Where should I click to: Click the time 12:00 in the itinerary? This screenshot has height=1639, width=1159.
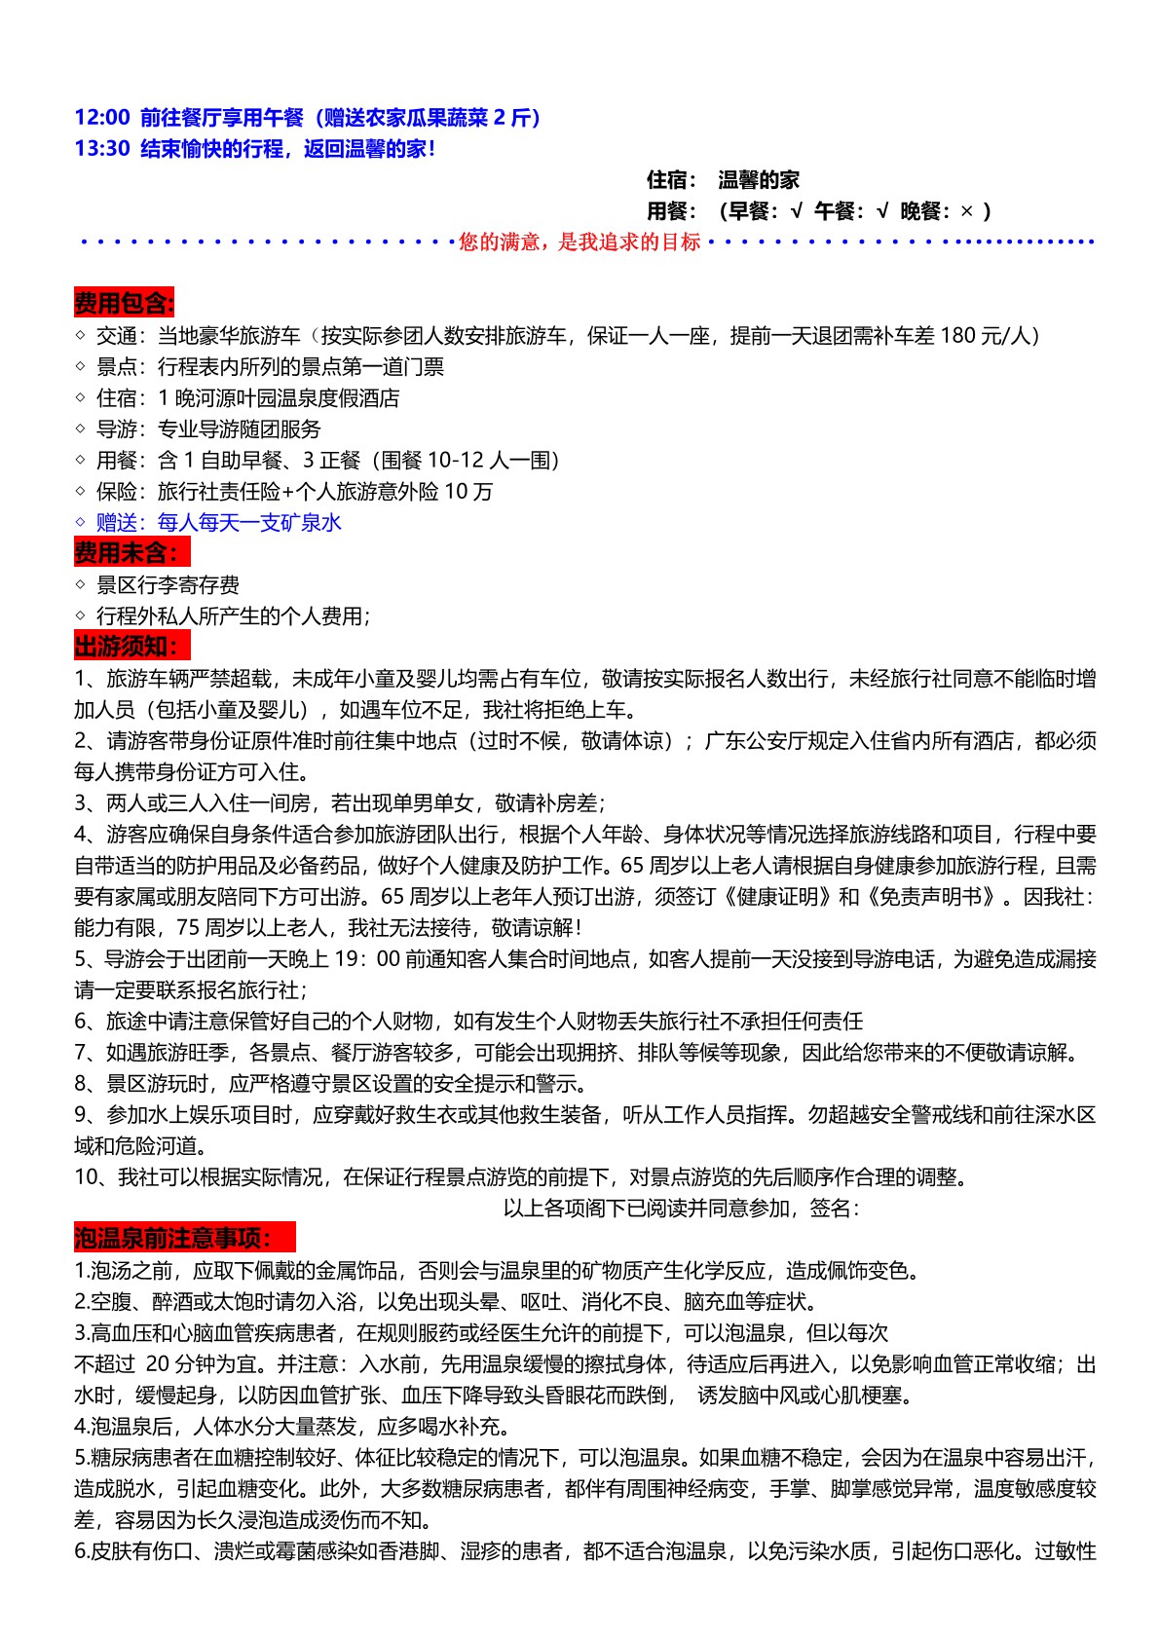[101, 118]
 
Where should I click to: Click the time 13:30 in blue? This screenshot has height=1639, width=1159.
[101, 149]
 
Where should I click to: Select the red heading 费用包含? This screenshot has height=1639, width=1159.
[124, 304]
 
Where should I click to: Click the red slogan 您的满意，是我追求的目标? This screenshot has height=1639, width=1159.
[579, 242]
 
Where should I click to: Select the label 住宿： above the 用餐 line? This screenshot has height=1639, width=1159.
[672, 180]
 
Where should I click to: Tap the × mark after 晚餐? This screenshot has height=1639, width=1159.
[966, 211]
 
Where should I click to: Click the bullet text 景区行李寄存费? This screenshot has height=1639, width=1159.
[168, 585]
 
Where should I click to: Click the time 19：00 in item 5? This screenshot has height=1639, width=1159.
[367, 959]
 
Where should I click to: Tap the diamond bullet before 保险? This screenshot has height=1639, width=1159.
[81, 492]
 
